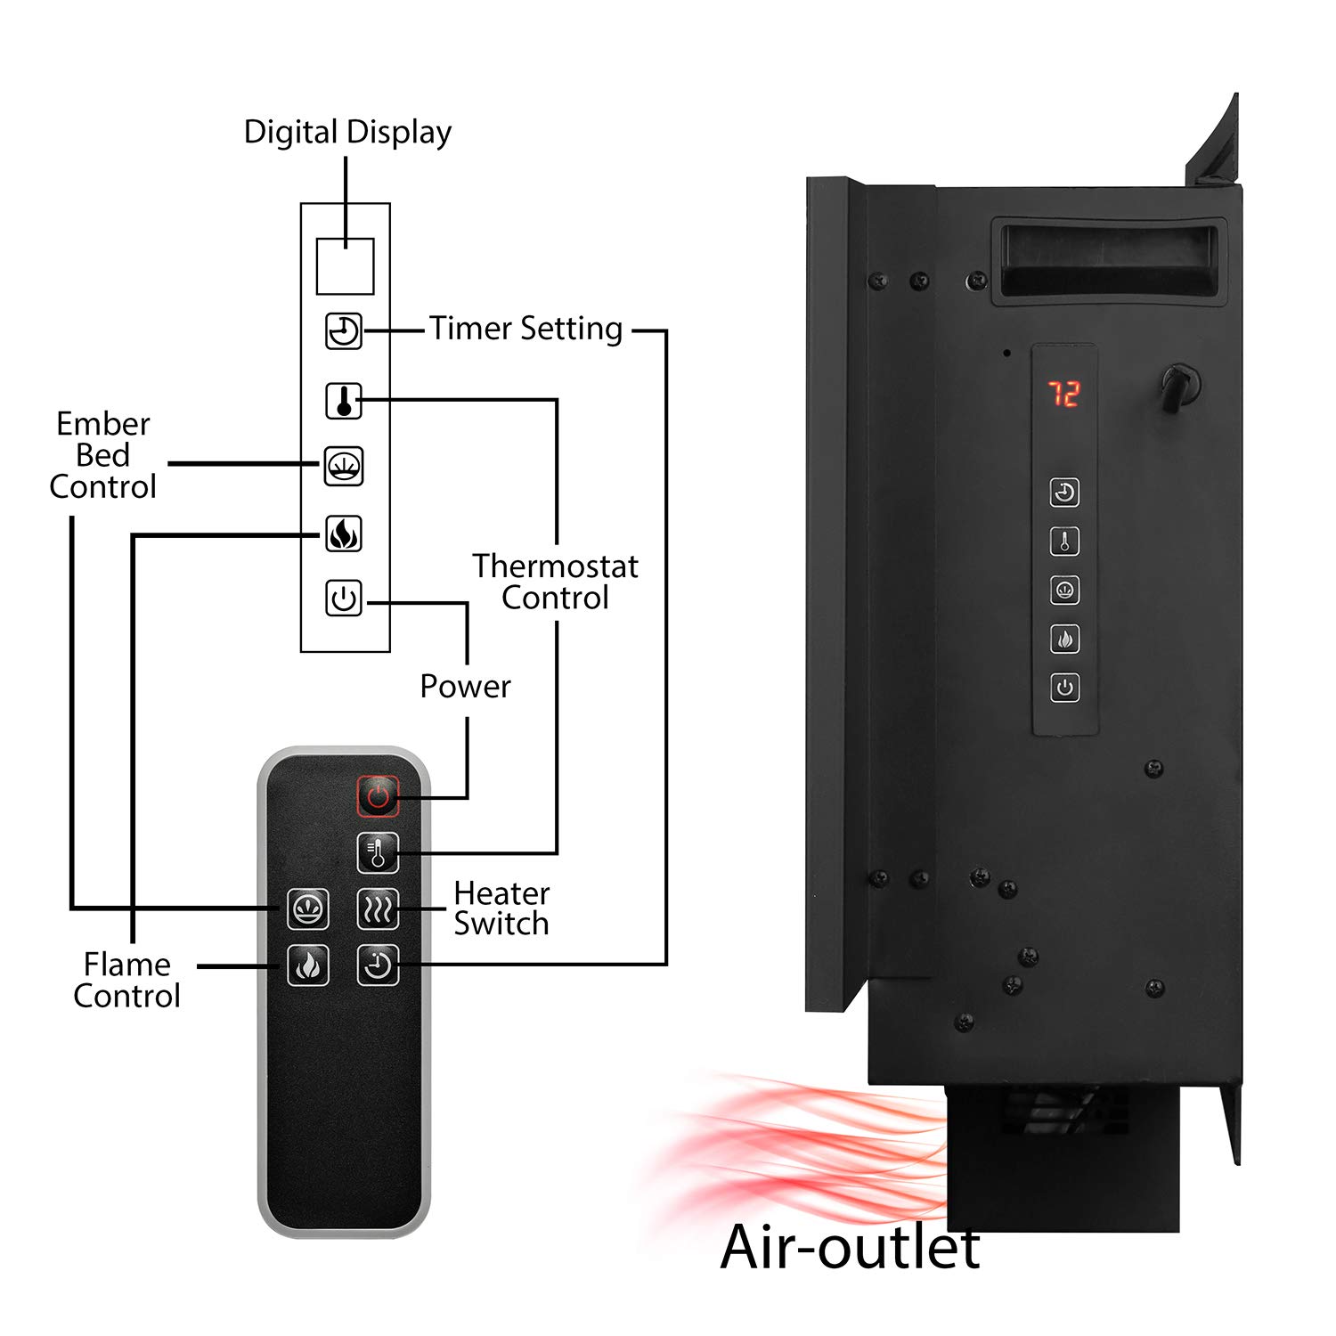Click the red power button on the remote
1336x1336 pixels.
pos(378,796)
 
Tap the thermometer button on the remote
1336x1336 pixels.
pos(378,853)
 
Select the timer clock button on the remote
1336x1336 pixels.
pos(378,965)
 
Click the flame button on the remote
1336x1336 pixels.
pos(308,965)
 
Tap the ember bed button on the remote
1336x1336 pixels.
pos(308,908)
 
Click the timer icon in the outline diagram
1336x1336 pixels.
pos(344,331)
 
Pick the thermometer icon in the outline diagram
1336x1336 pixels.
pos(344,401)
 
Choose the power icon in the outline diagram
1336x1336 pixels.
pos(344,599)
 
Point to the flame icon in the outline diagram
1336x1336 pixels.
pos(344,534)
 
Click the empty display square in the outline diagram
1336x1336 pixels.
pos(345,265)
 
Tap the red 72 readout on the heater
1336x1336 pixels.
pos(1063,393)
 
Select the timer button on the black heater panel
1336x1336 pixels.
pos(1064,493)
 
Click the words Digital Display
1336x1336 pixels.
pos(347,133)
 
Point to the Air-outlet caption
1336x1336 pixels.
pos(850,1246)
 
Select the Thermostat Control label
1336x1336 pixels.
pos(555,582)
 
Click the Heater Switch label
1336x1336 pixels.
pos(501,908)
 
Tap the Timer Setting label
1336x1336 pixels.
pos(526,329)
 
